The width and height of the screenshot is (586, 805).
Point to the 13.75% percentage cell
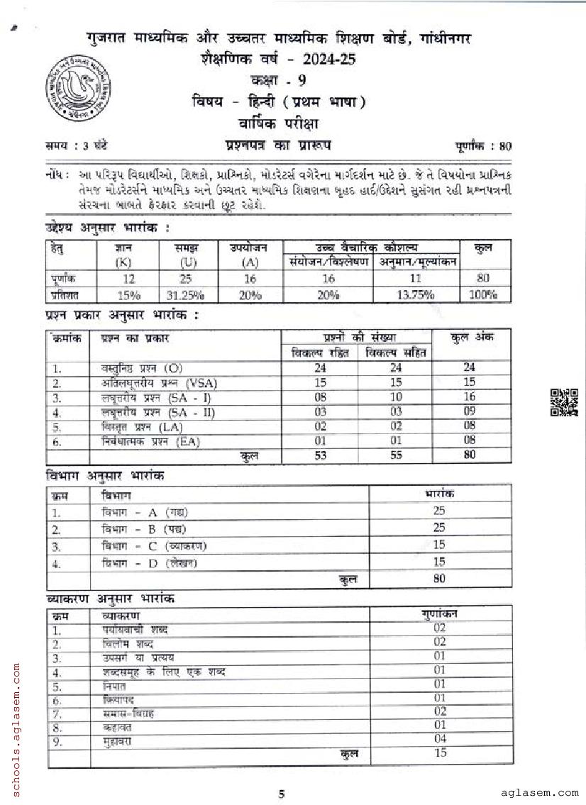coord(415,295)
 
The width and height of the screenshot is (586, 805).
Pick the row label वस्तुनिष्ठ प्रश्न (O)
coord(142,368)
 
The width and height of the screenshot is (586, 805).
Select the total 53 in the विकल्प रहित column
coord(321,455)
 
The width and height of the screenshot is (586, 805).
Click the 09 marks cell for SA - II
coord(469,412)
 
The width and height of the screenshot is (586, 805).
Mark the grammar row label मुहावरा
coord(116,740)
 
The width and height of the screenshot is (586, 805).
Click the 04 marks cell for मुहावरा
coord(440,740)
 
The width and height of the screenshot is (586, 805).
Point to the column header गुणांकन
coord(440,614)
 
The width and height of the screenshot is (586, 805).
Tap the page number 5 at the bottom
coord(282,794)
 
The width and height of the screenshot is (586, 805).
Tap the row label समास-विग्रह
coord(128,714)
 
